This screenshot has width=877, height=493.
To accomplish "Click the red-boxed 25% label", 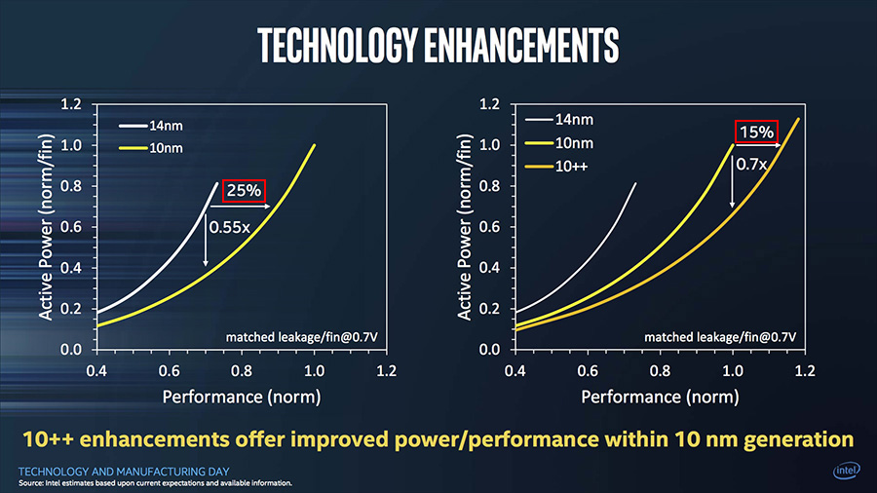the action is point(244,191).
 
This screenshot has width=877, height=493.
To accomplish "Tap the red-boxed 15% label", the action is point(756,132).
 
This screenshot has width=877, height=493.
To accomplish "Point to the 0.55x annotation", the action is point(229,227).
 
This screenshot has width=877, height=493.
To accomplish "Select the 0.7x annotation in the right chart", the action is point(751,165).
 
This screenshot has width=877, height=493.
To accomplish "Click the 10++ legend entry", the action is point(556,167).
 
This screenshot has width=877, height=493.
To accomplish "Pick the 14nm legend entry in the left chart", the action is point(151,126).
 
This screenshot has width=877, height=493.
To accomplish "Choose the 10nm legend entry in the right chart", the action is point(559,143).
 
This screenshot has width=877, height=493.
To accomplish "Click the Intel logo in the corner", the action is point(846,470).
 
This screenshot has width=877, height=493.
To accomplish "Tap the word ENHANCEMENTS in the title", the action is point(521,45).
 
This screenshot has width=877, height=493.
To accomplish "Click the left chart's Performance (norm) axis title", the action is point(242,397).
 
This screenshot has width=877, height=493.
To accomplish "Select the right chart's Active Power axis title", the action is point(464,227).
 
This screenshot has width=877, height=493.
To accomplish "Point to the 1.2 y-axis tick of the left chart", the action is point(71,104).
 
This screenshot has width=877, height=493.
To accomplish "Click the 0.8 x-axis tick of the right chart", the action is point(660,370).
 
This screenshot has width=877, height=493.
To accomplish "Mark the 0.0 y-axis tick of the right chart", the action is point(489,350).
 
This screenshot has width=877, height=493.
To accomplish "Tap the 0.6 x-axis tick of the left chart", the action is point(169,370).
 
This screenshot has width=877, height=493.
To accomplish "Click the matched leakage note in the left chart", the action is point(301,337).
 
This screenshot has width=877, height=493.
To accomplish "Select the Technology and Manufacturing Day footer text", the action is point(124,472).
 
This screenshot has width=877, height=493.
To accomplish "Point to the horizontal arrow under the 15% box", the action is point(757,145).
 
